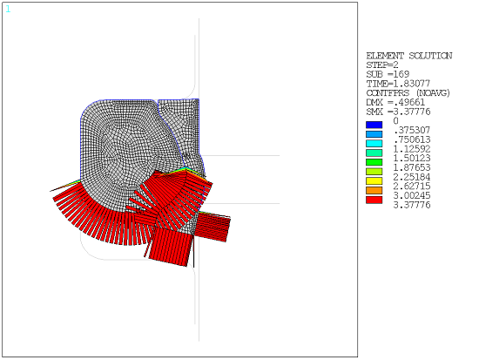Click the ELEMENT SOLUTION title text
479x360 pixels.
point(408,56)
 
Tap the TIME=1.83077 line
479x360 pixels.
point(395,84)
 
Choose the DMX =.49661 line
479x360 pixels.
point(394,103)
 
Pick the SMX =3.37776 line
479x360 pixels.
point(396,112)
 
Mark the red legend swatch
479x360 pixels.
point(374,200)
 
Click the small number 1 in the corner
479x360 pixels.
point(8,9)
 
